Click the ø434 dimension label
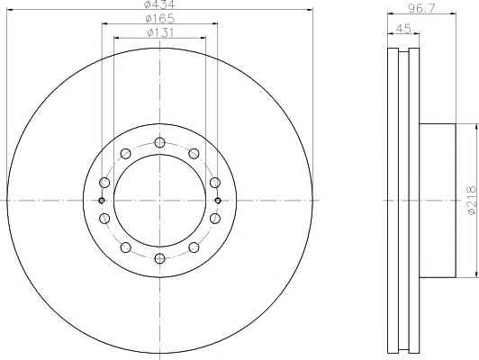point(159,4)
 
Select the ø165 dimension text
point(159,19)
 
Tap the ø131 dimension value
point(160,32)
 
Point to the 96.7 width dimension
point(421,8)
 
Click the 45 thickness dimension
point(403,29)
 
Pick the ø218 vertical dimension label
point(472,200)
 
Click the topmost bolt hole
point(159,142)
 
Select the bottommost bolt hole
point(159,258)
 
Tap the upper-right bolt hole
point(194,153)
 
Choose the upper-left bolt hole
point(125,153)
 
